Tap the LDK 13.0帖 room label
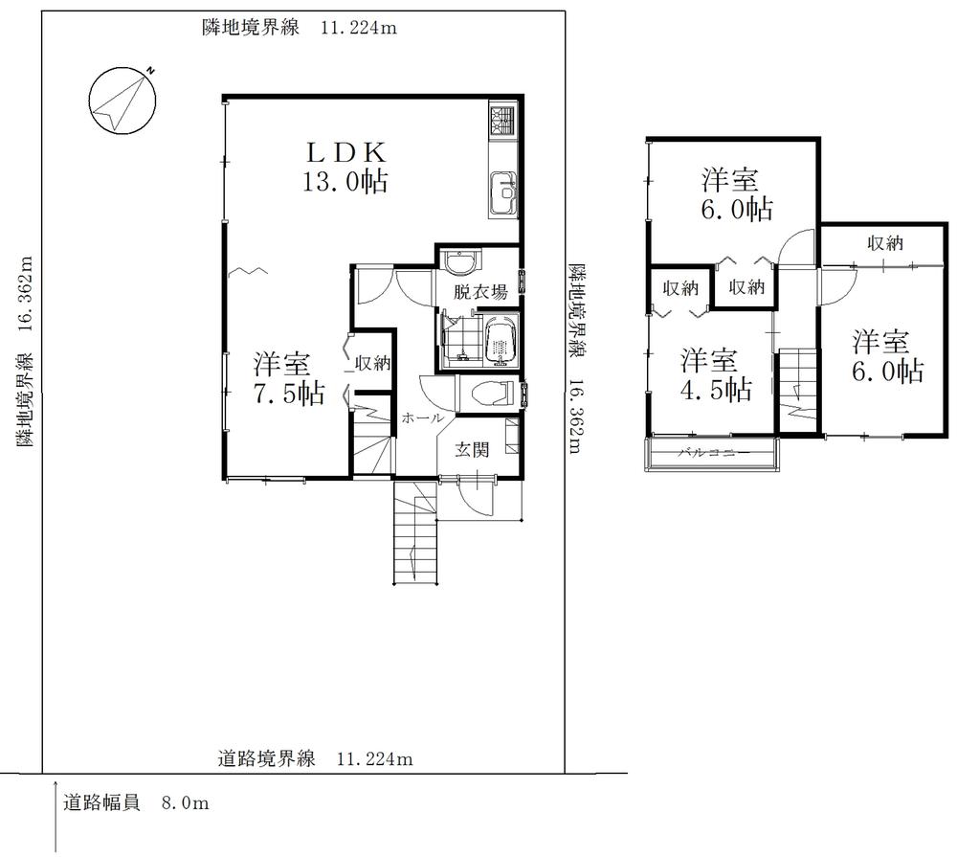345,167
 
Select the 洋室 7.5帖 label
286,378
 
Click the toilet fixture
490,394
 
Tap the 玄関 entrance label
471,450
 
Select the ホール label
421,418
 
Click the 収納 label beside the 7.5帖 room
372,363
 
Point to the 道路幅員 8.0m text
135,803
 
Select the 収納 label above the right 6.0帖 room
885,243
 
